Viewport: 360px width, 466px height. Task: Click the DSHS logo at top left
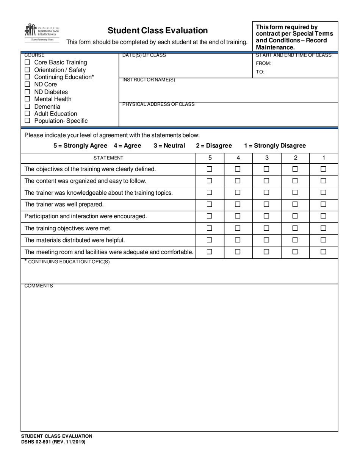(42, 33)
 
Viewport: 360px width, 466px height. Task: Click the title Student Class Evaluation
(158, 30)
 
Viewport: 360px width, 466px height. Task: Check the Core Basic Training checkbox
(27, 63)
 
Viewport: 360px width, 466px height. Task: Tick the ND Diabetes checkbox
(27, 92)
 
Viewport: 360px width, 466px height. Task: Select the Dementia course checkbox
(27, 107)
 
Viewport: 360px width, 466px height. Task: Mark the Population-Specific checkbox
(27, 121)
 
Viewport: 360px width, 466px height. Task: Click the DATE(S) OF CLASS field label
(144, 56)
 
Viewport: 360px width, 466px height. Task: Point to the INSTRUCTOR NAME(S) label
(149, 80)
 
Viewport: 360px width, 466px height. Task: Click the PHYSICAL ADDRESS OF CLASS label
(158, 105)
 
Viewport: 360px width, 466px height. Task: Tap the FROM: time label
(264, 64)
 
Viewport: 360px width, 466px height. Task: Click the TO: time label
(260, 72)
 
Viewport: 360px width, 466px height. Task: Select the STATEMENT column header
(108, 158)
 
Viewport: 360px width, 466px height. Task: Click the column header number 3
(267, 158)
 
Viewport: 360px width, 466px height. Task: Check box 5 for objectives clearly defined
(210, 169)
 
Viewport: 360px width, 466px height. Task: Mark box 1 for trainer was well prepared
(323, 205)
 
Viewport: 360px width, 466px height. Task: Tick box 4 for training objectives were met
(238, 228)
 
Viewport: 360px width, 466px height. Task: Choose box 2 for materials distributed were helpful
(295, 240)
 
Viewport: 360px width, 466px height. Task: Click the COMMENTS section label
(39, 286)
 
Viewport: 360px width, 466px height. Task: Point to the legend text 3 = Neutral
(169, 146)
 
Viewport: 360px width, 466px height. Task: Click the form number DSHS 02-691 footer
(53, 442)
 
